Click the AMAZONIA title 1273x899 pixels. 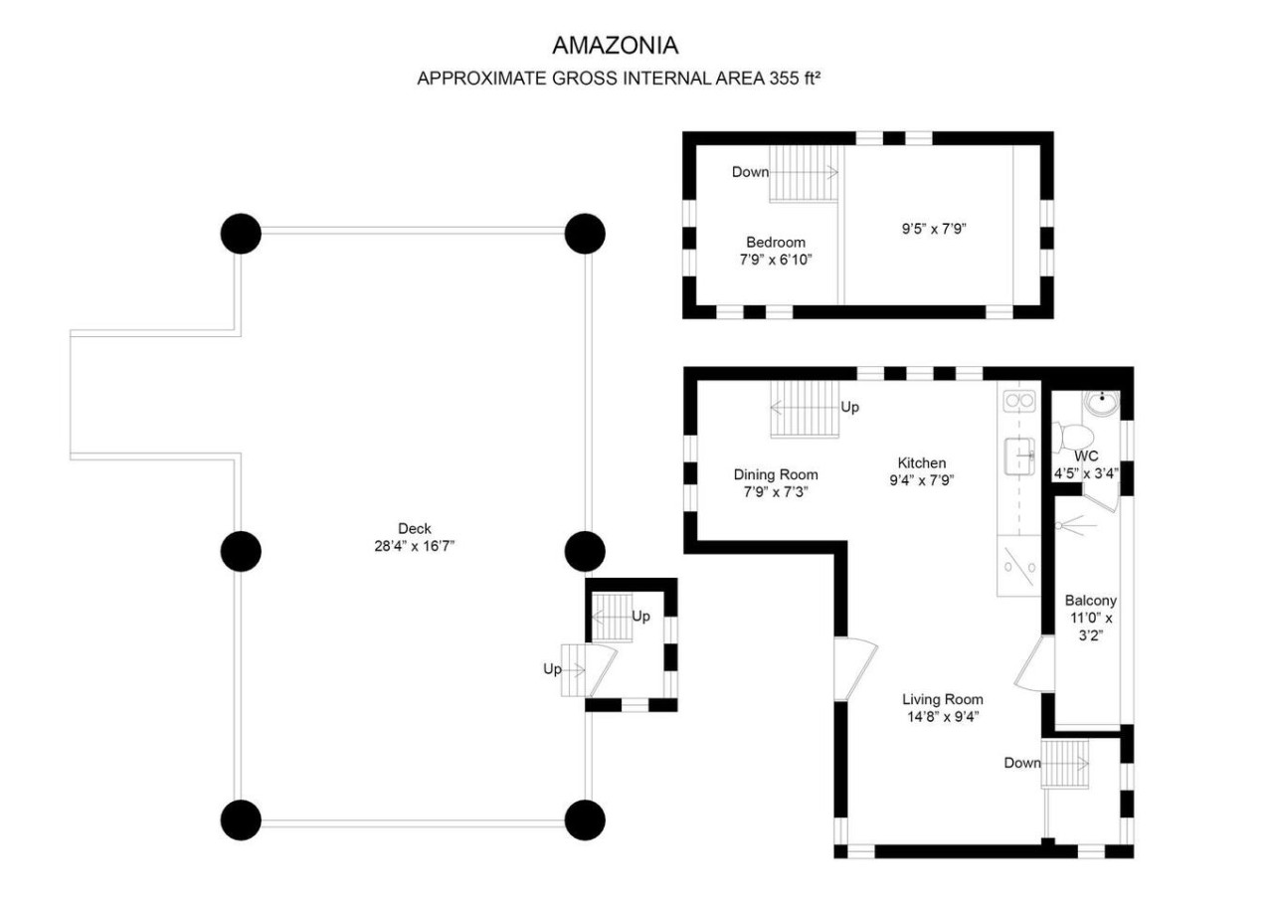[616, 46]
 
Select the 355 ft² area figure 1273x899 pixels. [795, 78]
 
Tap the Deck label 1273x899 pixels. [415, 528]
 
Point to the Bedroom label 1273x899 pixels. [776, 242]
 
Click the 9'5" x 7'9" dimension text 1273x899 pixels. [934, 229]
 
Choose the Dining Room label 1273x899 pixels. [776, 474]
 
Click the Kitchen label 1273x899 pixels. [922, 462]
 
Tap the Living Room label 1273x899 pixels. [943, 699]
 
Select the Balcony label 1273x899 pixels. [1091, 600]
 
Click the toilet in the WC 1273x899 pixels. [1072, 437]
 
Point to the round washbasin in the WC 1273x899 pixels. [1101, 403]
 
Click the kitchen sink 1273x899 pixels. [1019, 455]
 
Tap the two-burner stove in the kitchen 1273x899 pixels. [1019, 401]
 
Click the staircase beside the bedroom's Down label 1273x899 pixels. [805, 173]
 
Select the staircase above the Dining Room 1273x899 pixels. [805, 409]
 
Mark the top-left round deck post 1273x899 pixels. [241, 234]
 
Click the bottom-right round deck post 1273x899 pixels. [585, 820]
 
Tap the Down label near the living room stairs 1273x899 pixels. [1021, 763]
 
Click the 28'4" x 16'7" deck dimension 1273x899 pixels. [415, 546]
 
